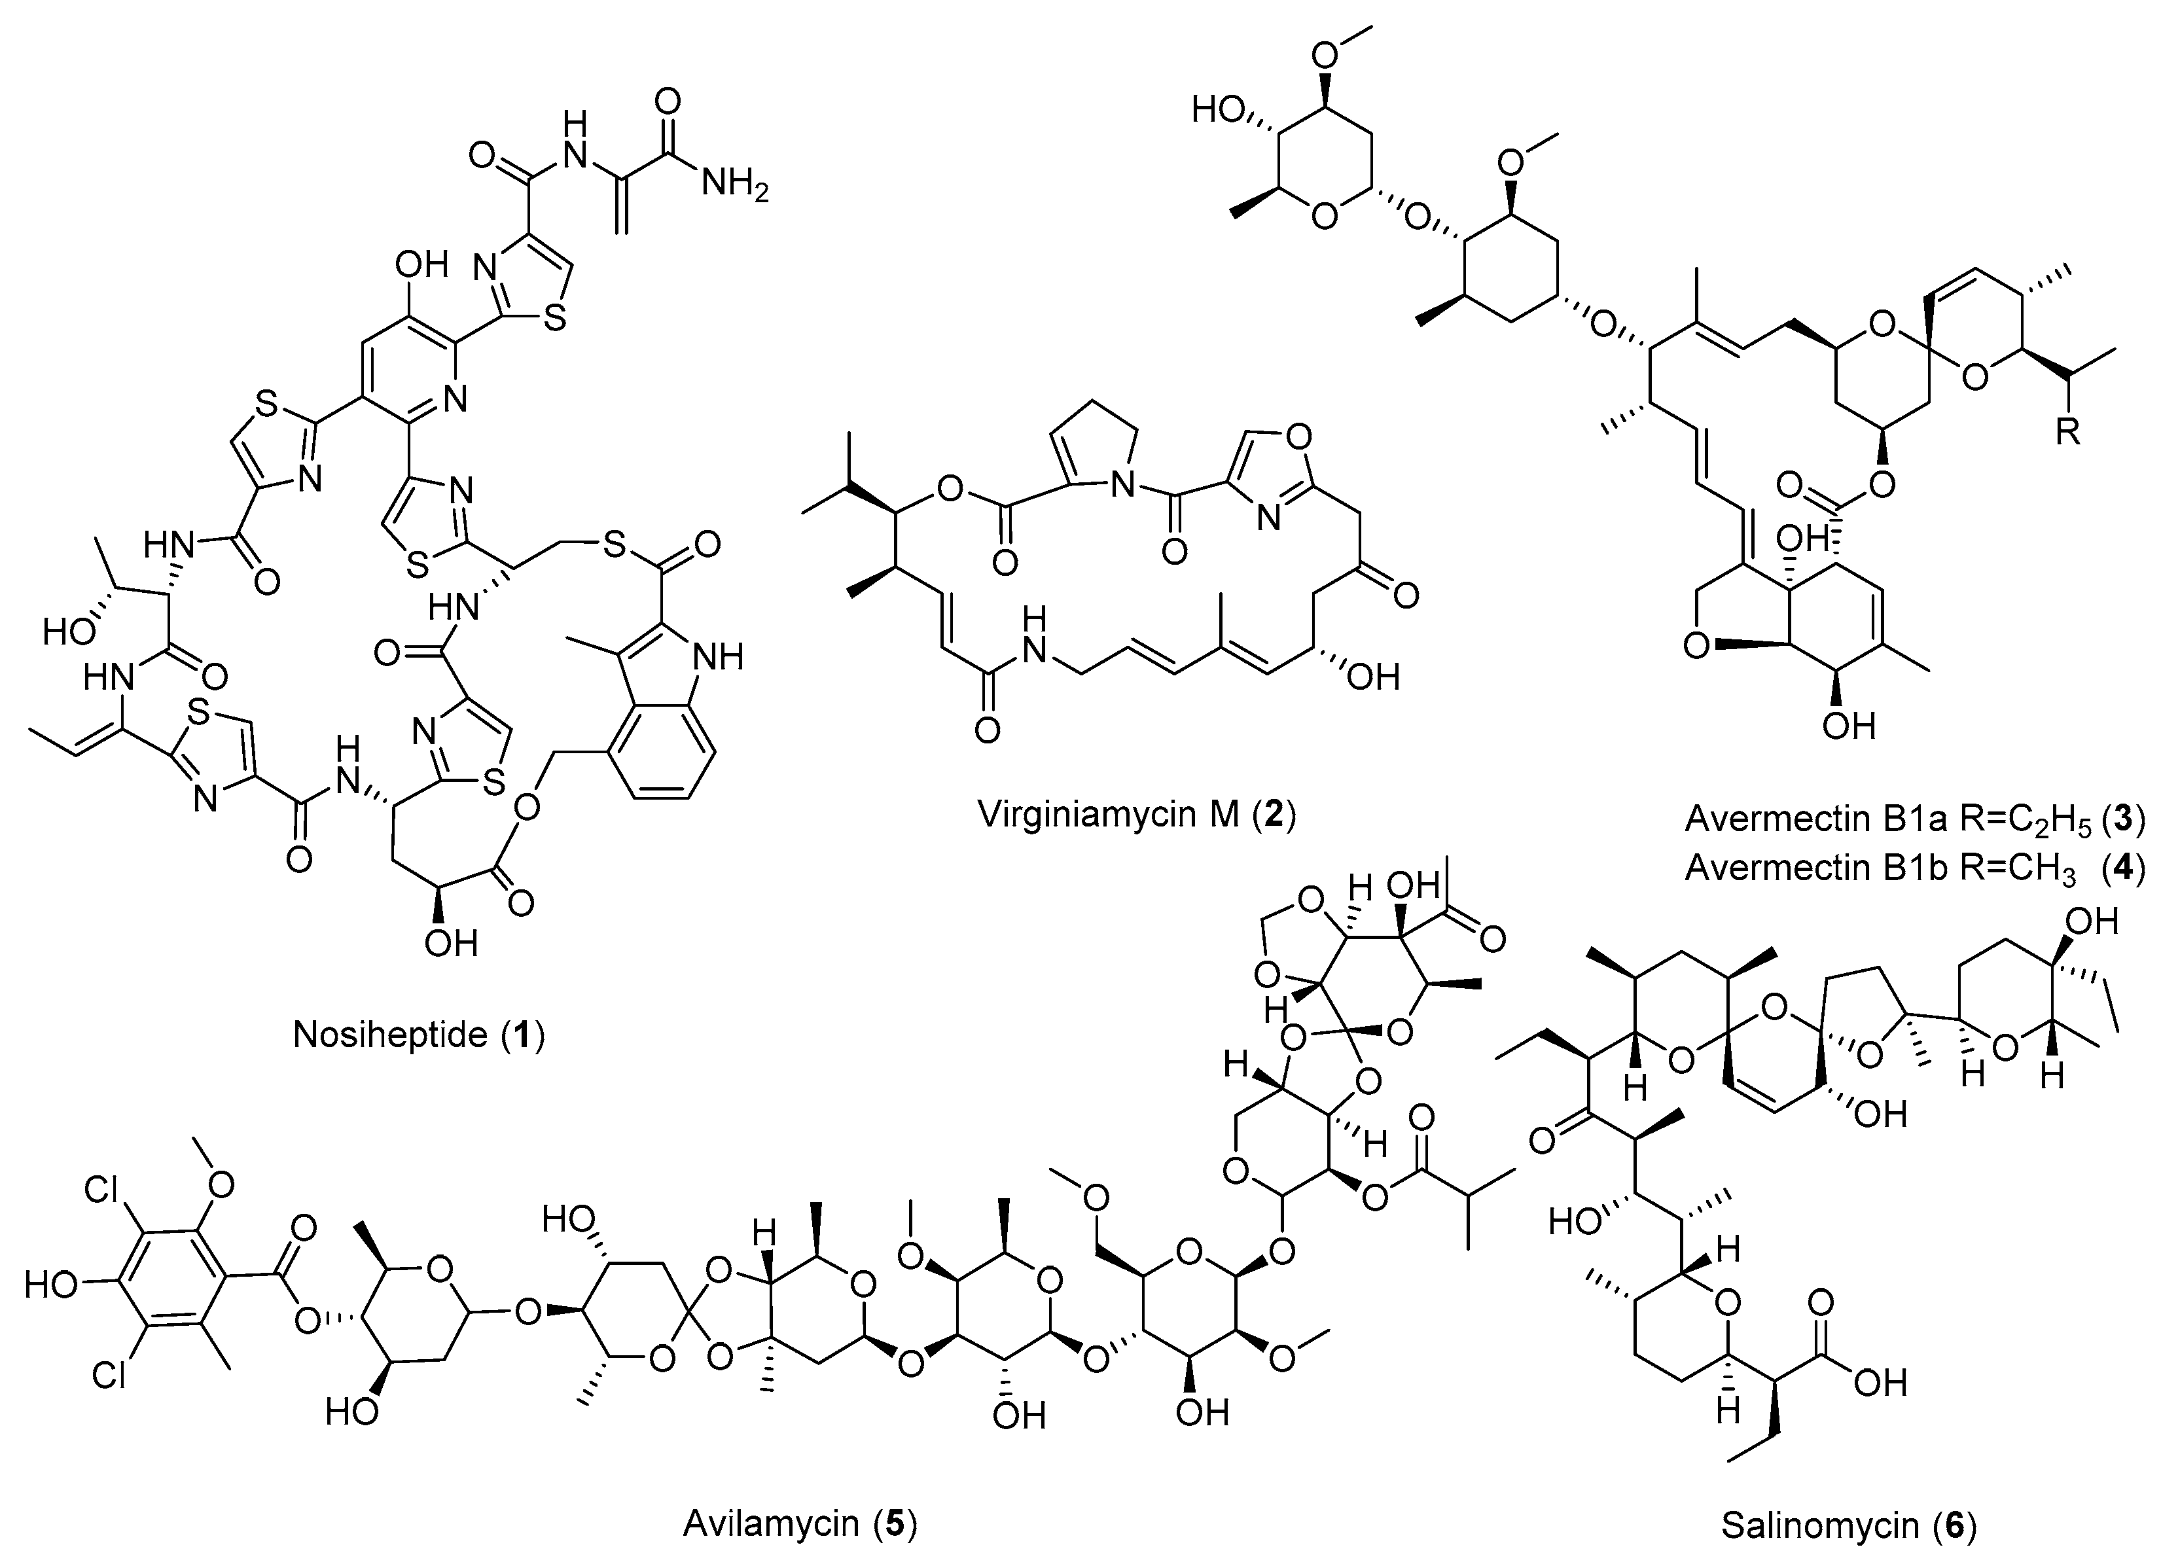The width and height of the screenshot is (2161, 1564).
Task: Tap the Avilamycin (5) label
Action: point(800,1525)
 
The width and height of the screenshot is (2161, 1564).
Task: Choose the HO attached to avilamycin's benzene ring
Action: point(50,1285)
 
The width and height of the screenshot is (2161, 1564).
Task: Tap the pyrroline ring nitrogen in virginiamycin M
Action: point(1124,487)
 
